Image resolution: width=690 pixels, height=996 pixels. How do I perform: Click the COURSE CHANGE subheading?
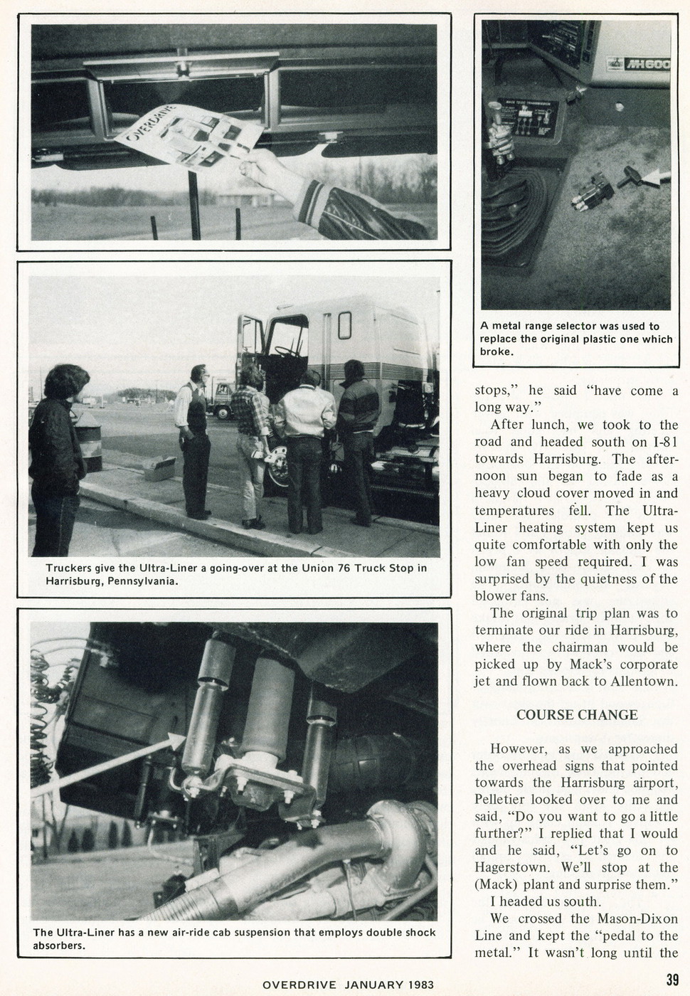point(576,714)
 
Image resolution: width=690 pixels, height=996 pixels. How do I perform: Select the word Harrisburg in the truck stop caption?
point(76,581)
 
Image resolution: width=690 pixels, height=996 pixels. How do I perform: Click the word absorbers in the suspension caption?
point(61,946)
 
